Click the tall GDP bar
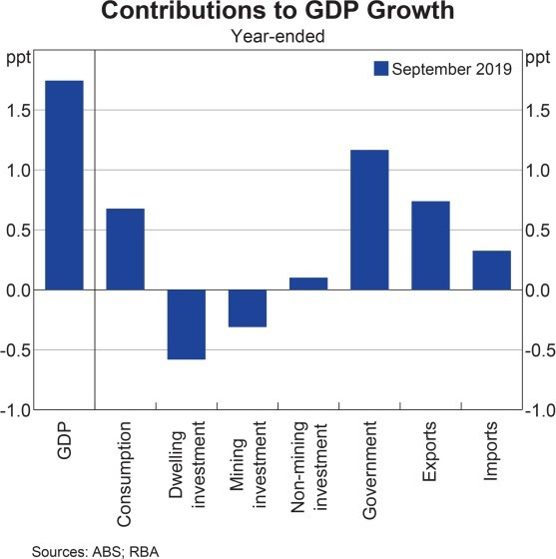(64, 185)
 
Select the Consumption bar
(125, 250)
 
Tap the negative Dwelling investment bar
(186, 324)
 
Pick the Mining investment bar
(248, 308)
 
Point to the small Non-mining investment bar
(308, 283)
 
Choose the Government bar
(369, 220)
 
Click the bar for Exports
(430, 246)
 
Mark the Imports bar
(491, 271)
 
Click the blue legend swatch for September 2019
(379, 69)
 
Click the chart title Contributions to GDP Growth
(278, 14)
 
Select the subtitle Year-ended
(278, 36)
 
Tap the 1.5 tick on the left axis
(19, 110)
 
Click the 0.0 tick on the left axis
(19, 290)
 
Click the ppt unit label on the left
(17, 56)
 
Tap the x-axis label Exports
(430, 453)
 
